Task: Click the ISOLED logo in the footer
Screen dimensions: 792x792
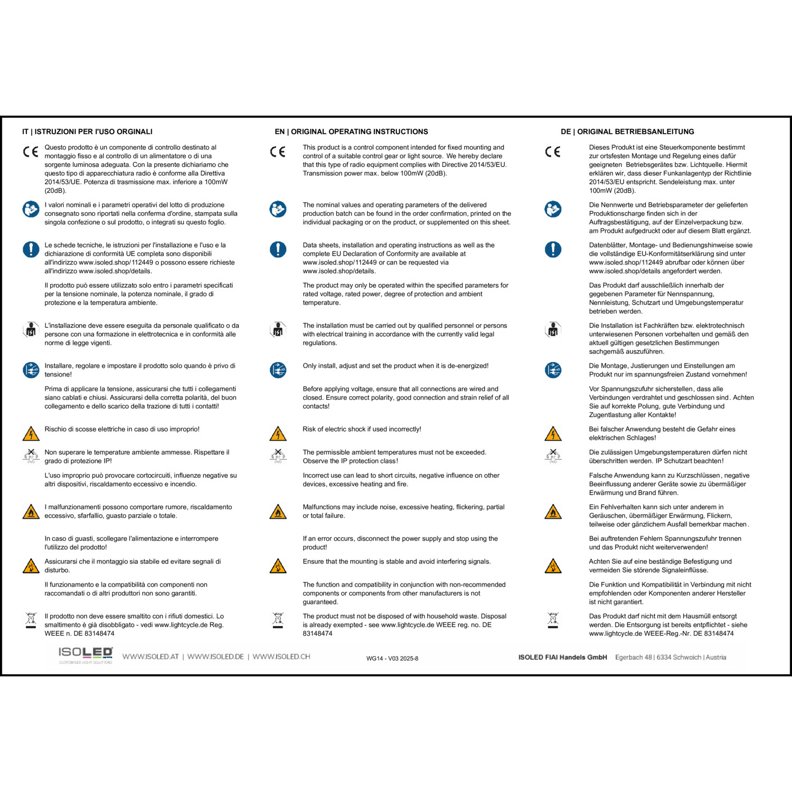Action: click(x=85, y=655)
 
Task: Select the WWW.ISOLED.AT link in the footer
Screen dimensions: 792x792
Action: click(x=150, y=657)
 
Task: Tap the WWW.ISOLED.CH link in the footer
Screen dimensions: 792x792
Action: click(x=281, y=657)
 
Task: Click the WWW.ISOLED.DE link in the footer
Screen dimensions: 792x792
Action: click(x=215, y=657)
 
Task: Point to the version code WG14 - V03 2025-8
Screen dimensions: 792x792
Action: click(x=392, y=658)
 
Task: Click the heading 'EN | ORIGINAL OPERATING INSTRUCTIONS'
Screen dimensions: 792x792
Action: click(x=351, y=131)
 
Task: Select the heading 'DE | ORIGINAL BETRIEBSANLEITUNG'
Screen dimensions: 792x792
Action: click(x=627, y=131)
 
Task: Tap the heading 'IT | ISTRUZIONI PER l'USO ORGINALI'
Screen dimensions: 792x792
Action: click(x=87, y=131)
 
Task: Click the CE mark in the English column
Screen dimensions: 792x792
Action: click(x=278, y=152)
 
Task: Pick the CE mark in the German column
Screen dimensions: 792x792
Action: click(x=553, y=152)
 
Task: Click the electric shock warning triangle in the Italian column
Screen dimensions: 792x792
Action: click(x=31, y=434)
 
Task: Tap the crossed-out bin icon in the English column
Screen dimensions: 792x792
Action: click(x=278, y=620)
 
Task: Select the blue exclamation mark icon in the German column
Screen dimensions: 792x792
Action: click(x=553, y=249)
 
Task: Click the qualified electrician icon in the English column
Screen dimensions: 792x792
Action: click(x=278, y=330)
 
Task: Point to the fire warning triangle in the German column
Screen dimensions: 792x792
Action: click(x=553, y=512)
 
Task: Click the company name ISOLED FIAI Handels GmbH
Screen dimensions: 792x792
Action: click(x=562, y=657)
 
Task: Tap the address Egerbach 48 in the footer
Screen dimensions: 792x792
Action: click(x=633, y=657)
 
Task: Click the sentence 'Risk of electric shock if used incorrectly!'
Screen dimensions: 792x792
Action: click(x=362, y=429)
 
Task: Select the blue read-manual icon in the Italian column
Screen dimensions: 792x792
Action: click(x=31, y=209)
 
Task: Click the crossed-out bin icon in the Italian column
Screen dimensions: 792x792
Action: click(x=31, y=620)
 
